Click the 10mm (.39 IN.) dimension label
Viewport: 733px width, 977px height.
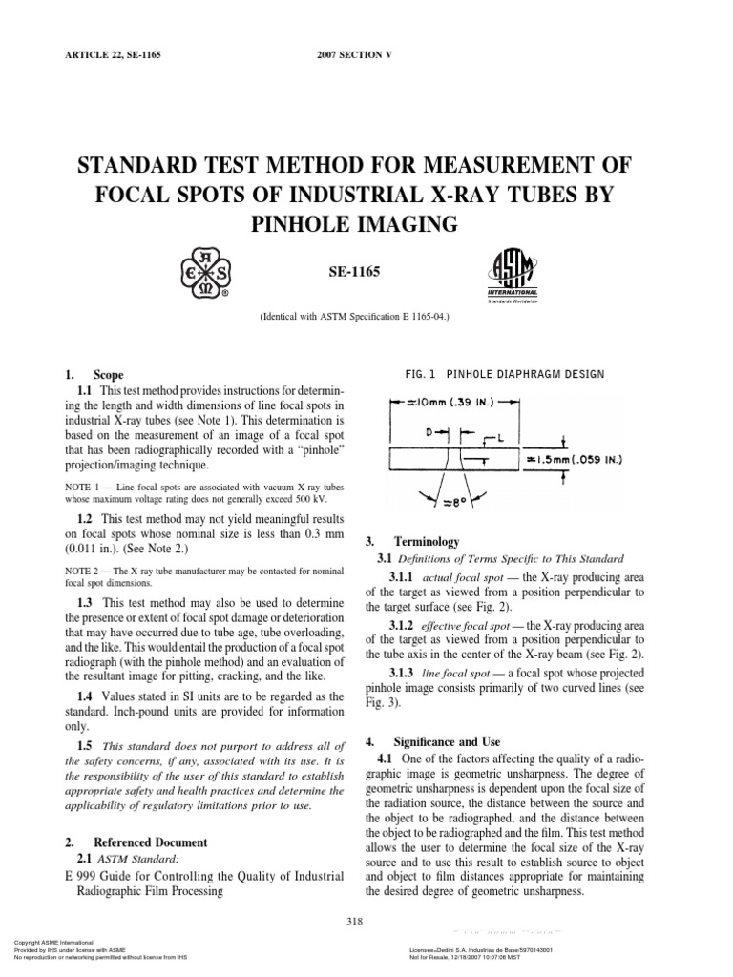pos(455,405)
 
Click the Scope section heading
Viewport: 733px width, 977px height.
pos(108,375)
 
